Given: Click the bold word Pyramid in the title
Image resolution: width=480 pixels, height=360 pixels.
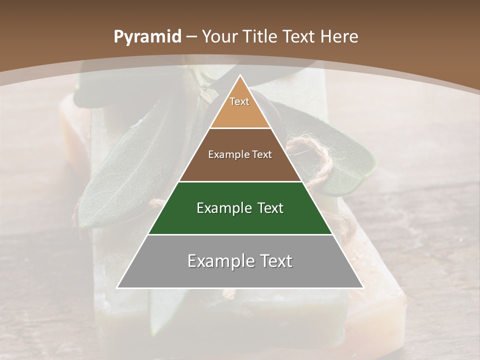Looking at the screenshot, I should pos(147,37).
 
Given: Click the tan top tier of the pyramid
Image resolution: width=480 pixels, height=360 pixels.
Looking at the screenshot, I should pos(240,112).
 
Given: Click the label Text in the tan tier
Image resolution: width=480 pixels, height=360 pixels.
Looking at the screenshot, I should pos(239,101).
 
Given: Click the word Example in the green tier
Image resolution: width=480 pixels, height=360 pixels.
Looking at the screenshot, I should pos(222,208).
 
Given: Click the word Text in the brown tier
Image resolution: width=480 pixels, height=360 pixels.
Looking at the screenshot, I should pos(262,155).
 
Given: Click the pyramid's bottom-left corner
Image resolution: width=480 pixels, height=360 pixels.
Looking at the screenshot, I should pos(117,288).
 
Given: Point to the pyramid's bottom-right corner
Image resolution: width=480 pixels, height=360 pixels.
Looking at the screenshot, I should pos(363,288).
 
